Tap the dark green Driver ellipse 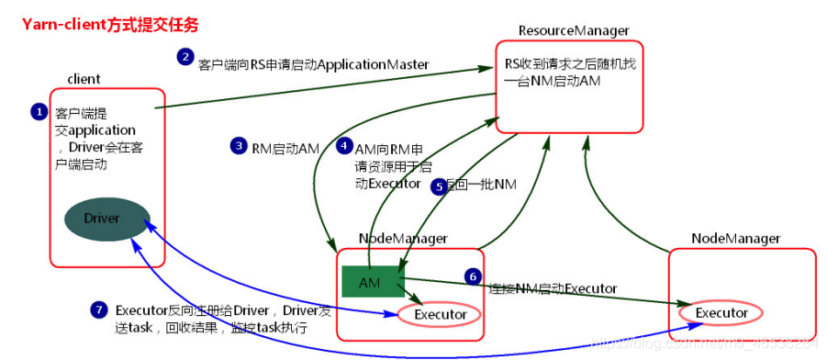coord(102,219)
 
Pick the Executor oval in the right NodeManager coord(721,313)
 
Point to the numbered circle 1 coord(39,112)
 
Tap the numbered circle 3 coord(238,146)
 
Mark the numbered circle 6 coord(473,276)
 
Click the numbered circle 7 coord(99,309)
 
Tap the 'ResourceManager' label coord(574,29)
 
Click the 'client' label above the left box coord(84,79)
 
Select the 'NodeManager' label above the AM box coord(403,238)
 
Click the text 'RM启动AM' coord(285,147)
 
